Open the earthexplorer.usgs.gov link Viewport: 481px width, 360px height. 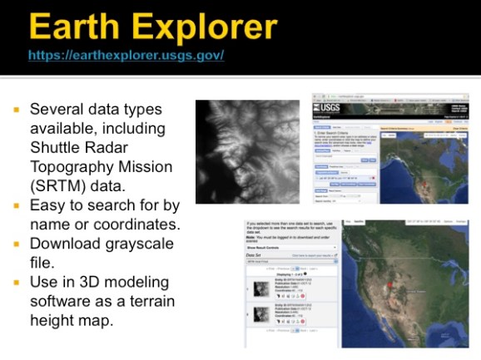coord(126,56)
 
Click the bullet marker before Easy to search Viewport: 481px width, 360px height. coord(17,205)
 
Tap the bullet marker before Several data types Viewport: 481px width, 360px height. coord(17,110)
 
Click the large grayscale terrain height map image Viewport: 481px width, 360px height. coord(247,152)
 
